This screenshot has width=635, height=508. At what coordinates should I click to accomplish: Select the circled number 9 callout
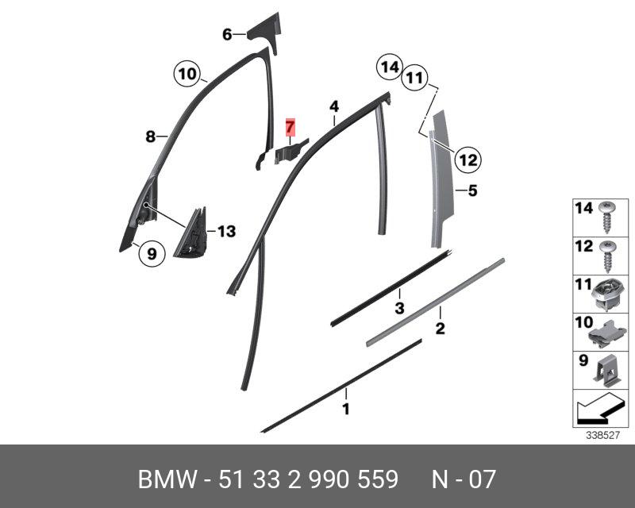pos(151,254)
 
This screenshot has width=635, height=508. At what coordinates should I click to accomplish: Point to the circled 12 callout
pos(468,160)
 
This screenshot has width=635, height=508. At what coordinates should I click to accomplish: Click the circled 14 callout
pos(389,67)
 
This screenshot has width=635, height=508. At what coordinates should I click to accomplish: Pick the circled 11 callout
pos(413,78)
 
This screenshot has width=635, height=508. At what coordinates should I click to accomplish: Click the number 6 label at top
pos(227,34)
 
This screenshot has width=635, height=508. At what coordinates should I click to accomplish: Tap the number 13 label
pos(226,232)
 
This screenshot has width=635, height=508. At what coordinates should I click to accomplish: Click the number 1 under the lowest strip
pos(345,410)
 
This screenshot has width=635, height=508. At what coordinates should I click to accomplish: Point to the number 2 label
pos(439,328)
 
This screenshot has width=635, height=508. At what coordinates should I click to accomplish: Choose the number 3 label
pos(400,307)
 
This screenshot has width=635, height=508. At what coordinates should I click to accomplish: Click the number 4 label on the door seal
pos(334,106)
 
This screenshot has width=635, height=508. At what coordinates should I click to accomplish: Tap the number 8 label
pos(150,137)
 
